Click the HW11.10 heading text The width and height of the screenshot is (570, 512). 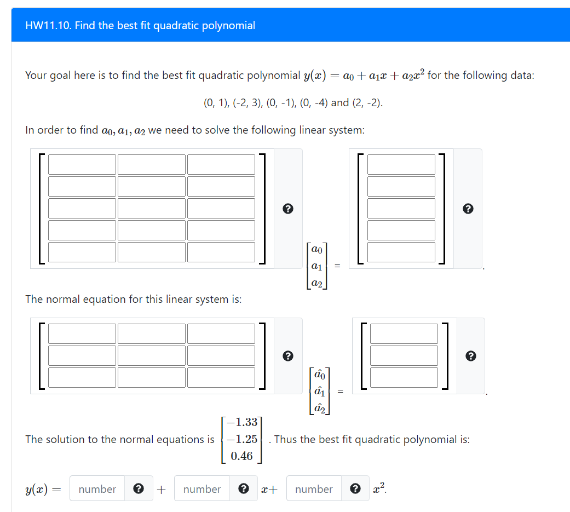[140, 26]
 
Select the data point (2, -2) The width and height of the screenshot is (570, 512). [370, 102]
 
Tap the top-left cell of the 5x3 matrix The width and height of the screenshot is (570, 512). [82, 165]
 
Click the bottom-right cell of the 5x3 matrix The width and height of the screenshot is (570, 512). [221, 252]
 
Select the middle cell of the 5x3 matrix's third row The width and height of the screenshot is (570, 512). [152, 208]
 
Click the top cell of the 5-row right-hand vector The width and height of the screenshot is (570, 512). [401, 165]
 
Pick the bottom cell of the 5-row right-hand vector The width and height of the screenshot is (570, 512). [401, 252]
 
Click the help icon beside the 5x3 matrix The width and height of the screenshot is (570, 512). [287, 209]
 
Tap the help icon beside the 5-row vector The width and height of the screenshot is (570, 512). [467, 209]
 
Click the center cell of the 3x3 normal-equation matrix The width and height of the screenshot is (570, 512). [152, 355]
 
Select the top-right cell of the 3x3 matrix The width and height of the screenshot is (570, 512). [221, 334]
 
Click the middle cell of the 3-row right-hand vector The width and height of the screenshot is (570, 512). [404, 355]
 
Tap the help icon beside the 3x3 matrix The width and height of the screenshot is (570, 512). [287, 356]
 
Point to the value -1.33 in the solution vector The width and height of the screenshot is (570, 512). [241, 422]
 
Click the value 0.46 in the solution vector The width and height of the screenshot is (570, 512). [241, 456]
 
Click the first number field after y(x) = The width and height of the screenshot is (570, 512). [97, 489]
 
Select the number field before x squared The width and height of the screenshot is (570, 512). [314, 489]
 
